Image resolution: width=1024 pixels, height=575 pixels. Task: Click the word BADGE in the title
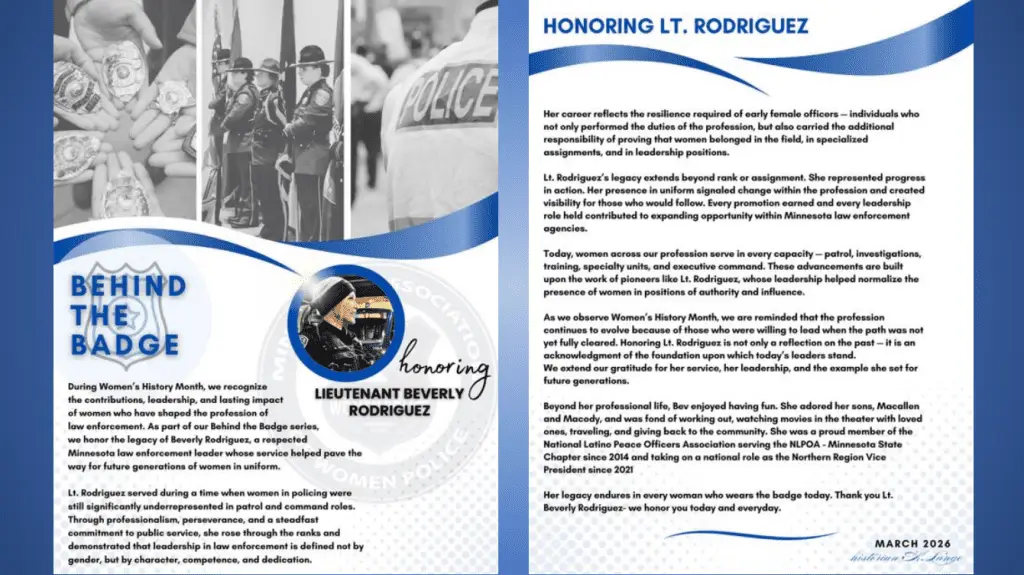[124, 346]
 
